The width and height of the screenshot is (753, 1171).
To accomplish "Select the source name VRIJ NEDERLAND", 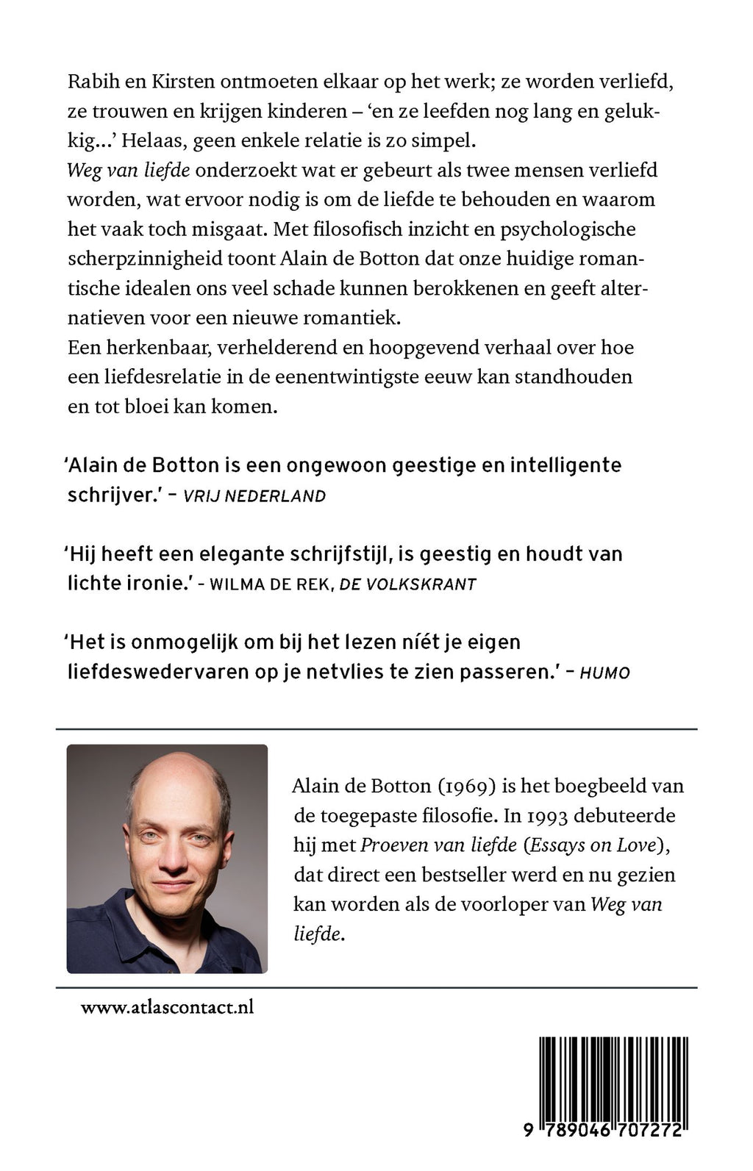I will point(254,495).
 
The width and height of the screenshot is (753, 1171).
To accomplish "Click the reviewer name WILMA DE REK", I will point(271,584).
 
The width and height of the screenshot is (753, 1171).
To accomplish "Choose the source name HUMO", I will point(605,673).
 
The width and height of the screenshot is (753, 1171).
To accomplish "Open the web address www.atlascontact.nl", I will point(168,1007).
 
